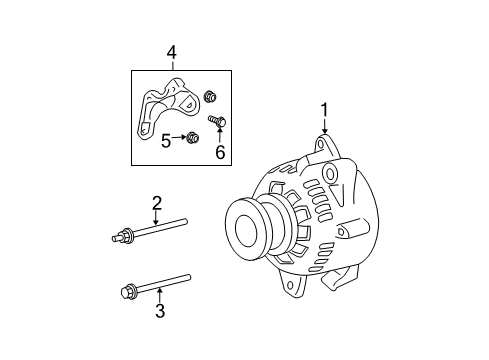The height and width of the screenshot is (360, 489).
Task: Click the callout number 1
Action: [324, 110]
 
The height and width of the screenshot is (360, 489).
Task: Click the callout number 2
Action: [157, 204]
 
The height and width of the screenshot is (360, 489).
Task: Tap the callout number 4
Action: [172, 52]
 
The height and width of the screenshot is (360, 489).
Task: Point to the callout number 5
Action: [165, 142]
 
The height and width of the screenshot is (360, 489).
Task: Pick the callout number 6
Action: [219, 152]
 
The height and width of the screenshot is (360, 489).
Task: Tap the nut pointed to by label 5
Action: [193, 138]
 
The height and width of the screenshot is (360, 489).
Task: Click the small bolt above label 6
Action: [217, 121]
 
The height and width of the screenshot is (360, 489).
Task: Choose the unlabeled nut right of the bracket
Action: [211, 97]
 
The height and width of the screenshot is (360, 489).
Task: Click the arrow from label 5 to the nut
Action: [180, 138]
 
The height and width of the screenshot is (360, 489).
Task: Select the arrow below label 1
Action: [324, 127]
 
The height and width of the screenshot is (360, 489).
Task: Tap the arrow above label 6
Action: [219, 135]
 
